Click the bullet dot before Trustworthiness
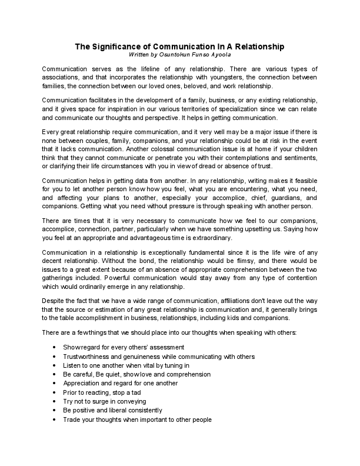tap(55, 357)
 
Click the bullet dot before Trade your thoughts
tap(55, 420)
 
